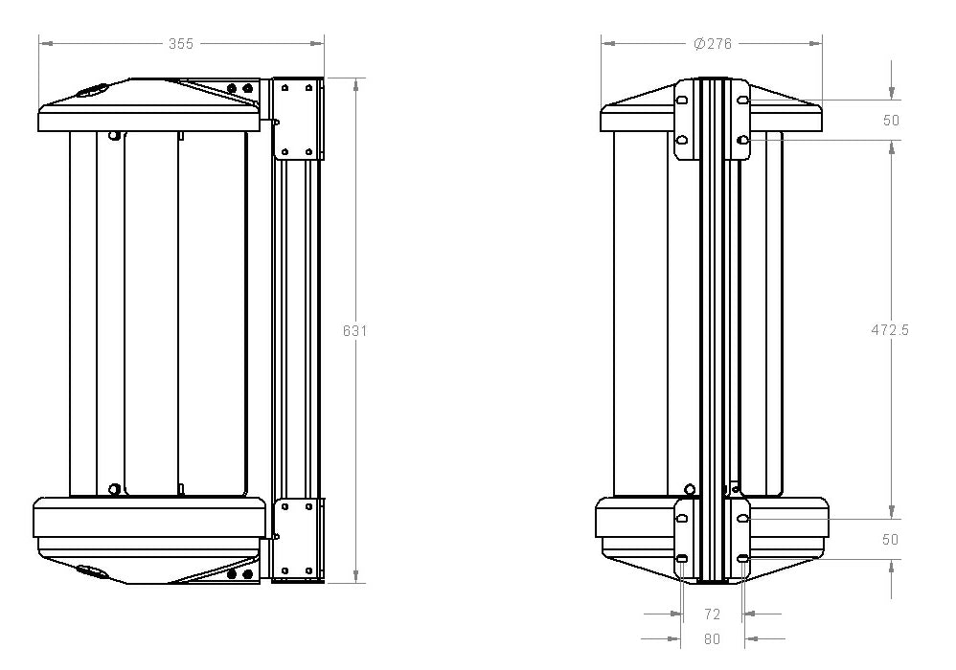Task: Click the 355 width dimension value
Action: [181, 44]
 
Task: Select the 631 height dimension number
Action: [354, 331]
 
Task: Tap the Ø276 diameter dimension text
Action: [713, 44]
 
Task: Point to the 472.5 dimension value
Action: [890, 329]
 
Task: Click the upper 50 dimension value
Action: [891, 120]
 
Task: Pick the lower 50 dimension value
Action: [891, 539]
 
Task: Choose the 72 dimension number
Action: [712, 614]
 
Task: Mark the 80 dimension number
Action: [712, 639]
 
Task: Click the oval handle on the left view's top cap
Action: [91, 90]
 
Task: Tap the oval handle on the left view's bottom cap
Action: [90, 571]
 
